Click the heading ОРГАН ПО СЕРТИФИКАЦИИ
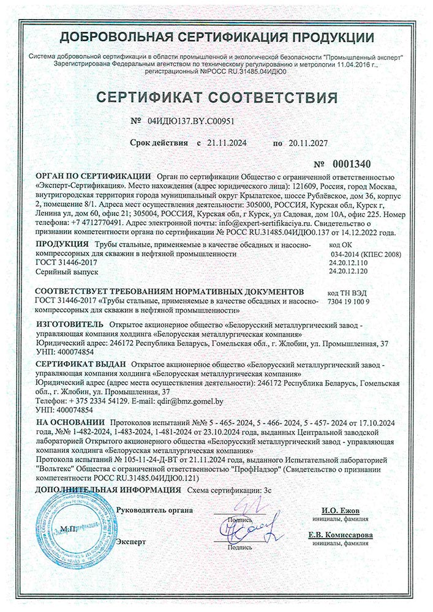pos(93,175)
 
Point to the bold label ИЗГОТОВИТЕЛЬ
pos(69,324)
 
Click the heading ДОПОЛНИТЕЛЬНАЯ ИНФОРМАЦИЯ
pos(108,490)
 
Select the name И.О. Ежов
pos(341,511)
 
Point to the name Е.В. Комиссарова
pos(341,534)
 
